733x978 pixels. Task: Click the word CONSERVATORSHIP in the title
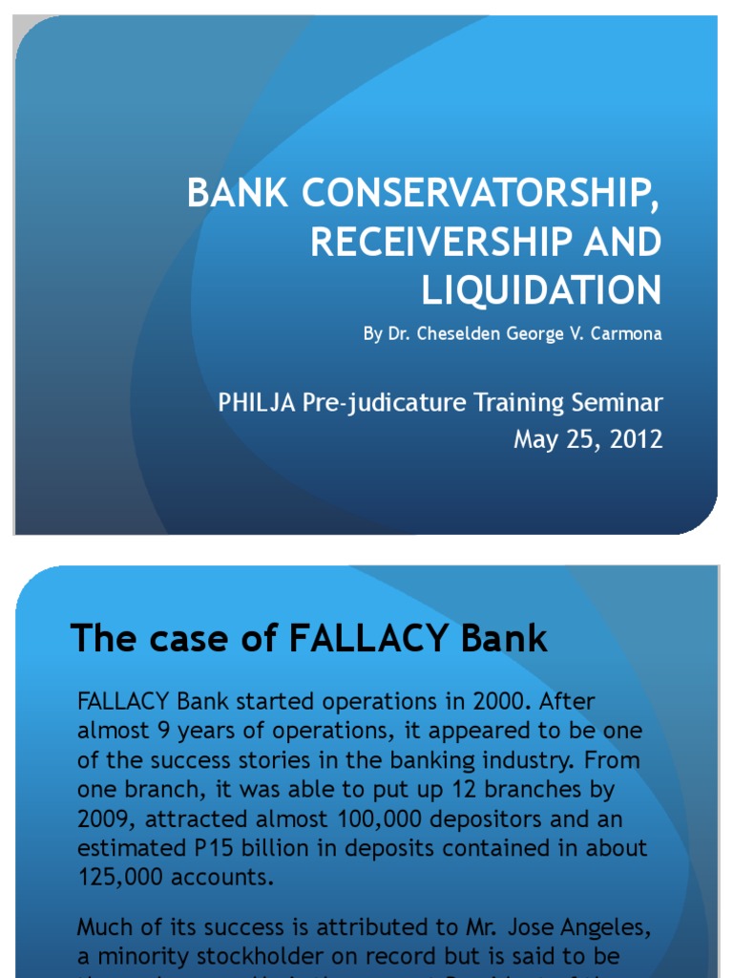coord(481,194)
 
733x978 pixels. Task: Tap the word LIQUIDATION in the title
coord(541,290)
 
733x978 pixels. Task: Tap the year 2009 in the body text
coord(108,819)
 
